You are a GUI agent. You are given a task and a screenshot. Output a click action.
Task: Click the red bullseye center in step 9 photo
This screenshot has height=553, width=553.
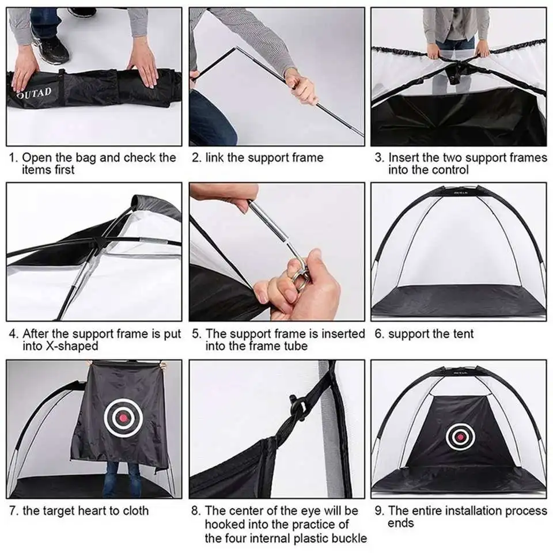[x=460, y=437]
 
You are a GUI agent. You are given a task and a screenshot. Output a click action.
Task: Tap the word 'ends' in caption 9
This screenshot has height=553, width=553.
[x=401, y=523]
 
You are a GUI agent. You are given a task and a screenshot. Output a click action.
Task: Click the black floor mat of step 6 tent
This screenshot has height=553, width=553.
[x=458, y=301]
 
